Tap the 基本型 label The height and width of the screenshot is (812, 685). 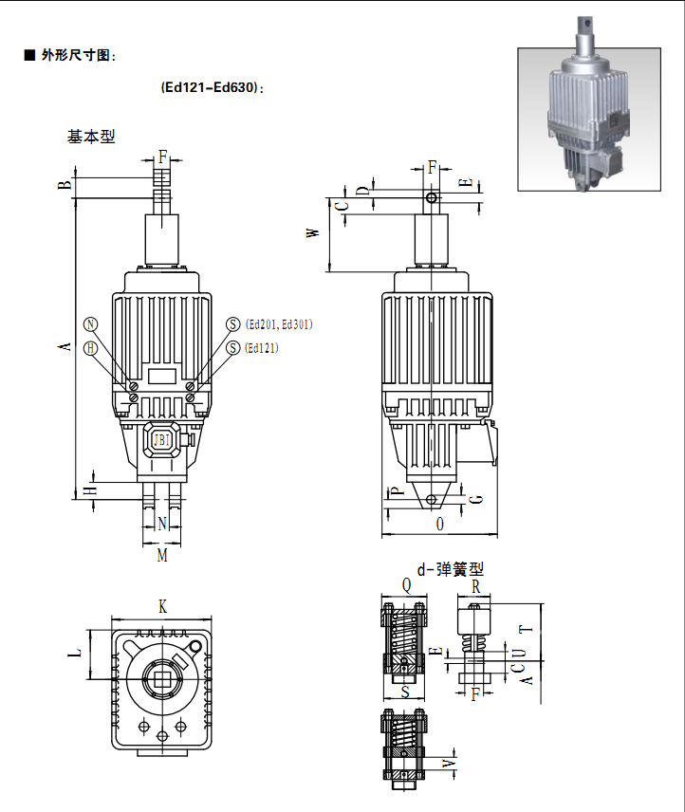coord(91,137)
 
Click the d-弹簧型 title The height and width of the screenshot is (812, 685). coord(450,570)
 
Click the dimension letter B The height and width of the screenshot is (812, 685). coord(65,184)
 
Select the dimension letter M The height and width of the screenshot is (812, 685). coord(162,555)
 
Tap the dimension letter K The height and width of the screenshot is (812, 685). coord(162,605)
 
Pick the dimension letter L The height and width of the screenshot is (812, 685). coord(78,653)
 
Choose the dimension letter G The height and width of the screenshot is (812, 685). coord(476,498)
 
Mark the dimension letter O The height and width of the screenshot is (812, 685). coord(439,524)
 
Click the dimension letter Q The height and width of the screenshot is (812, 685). coord(406,586)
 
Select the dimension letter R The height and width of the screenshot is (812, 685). coord(476,586)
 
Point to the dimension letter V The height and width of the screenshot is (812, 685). coord(450,764)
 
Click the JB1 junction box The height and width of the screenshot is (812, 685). coord(162,440)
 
